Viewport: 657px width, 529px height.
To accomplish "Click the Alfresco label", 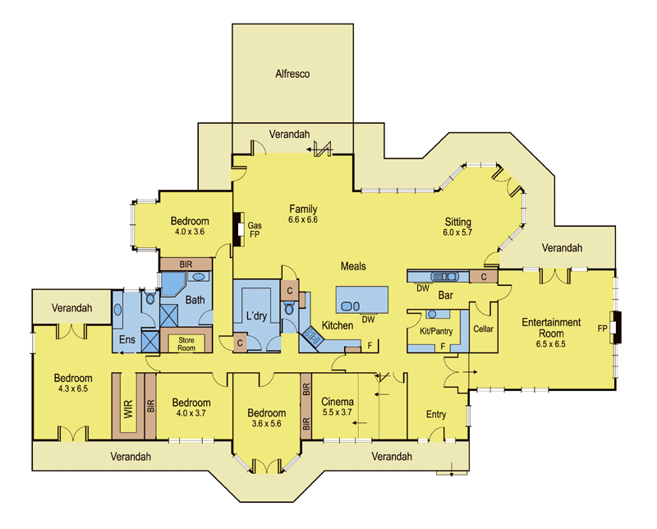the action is click(292, 74).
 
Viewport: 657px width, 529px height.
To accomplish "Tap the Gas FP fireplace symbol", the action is click(239, 229).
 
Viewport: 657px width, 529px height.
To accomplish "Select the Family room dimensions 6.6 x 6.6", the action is click(303, 219).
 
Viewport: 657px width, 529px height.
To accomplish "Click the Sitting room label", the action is click(458, 222).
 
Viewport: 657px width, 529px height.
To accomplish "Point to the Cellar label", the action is click(483, 329).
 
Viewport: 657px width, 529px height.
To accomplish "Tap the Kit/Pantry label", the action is click(436, 331).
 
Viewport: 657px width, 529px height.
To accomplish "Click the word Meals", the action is click(353, 266).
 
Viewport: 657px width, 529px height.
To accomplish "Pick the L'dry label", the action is click(256, 315).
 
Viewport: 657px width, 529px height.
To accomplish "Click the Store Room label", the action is click(186, 344).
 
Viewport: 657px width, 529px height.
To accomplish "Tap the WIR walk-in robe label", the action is click(128, 409).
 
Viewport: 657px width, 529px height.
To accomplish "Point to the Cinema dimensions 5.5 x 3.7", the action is click(338, 412).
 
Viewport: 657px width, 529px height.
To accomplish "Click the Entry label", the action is click(436, 415).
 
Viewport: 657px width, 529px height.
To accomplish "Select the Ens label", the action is click(127, 339).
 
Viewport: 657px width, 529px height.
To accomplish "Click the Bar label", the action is click(445, 296).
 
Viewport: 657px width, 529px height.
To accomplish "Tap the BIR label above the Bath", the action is click(186, 264).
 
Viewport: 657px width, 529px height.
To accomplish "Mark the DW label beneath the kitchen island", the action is click(368, 320).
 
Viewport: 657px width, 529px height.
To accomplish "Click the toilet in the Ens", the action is click(150, 297).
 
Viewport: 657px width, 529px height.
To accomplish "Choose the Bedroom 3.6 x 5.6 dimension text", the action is click(266, 424).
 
